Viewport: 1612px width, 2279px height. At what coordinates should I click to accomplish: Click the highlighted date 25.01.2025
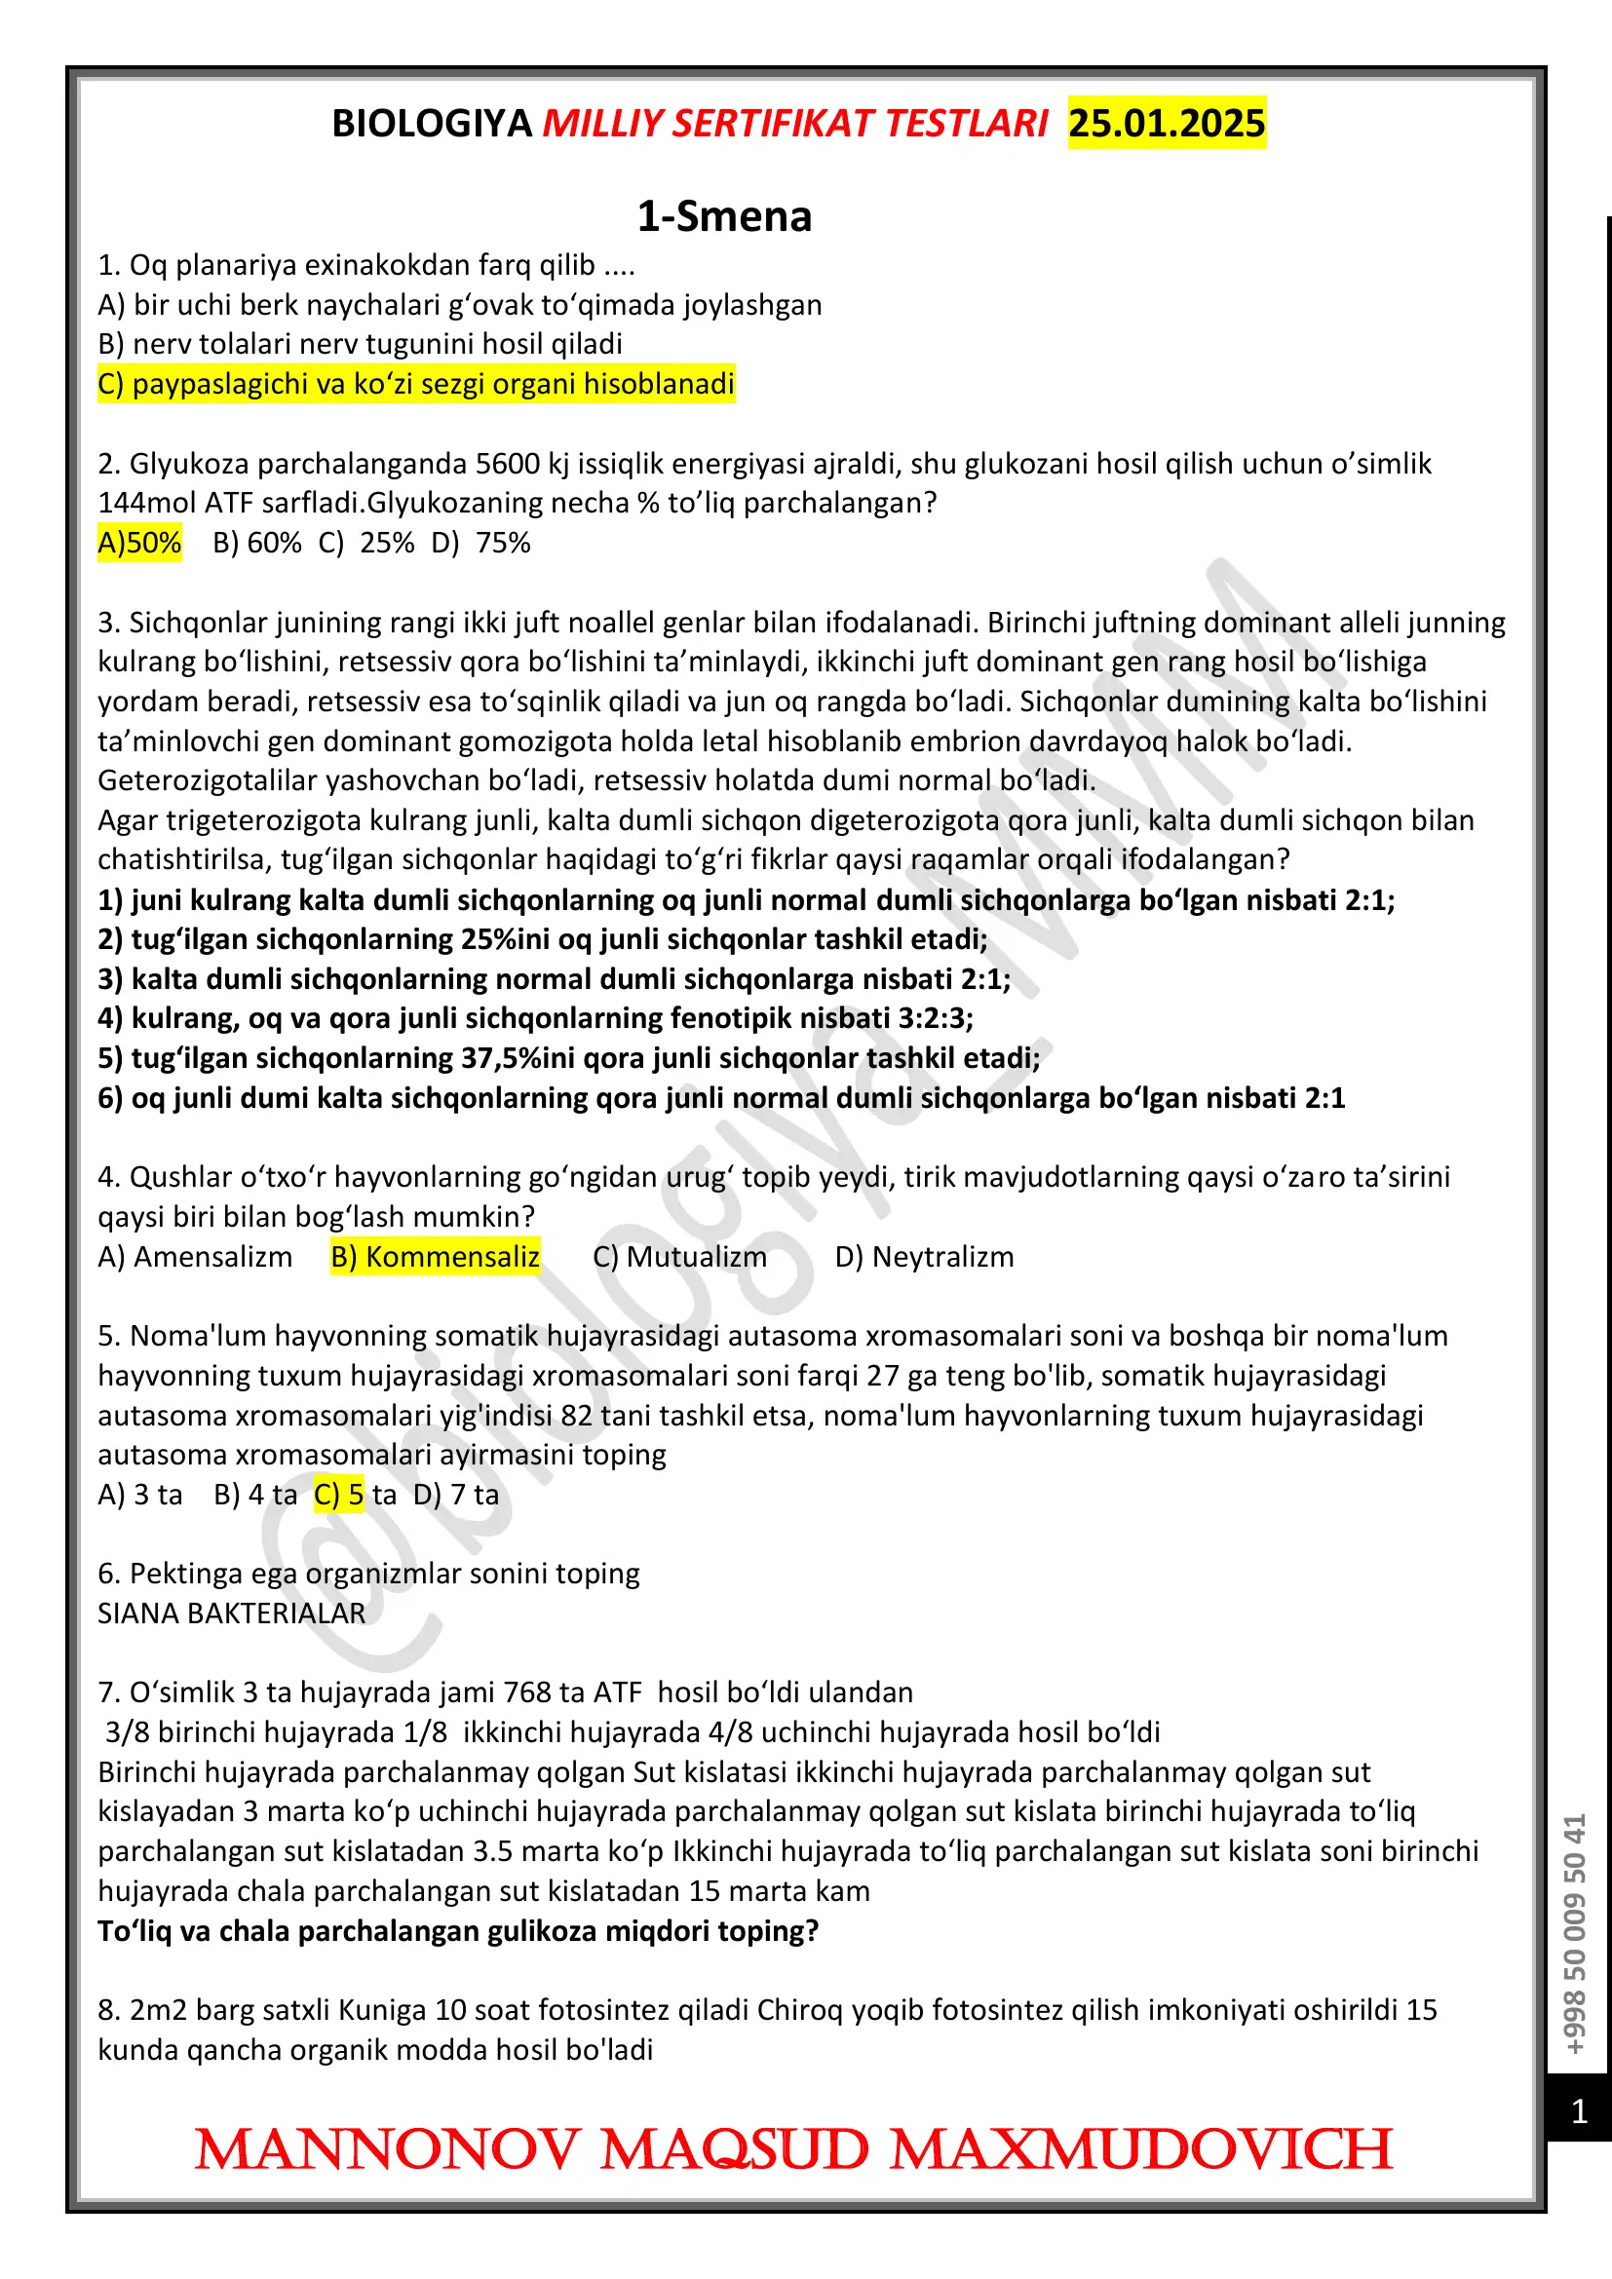tap(1167, 123)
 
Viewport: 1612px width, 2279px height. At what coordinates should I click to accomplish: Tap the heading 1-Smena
tap(723, 216)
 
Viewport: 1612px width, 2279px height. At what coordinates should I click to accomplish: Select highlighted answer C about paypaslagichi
tap(416, 384)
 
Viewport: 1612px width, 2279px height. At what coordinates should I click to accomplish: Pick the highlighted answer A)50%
tap(139, 543)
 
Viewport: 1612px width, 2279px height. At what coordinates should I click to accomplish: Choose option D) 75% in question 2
tap(481, 543)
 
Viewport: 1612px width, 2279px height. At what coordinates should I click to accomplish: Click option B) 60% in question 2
tap(257, 543)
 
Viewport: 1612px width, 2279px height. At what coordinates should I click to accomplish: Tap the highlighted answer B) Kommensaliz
tap(435, 1257)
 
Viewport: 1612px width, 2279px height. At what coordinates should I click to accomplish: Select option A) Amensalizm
tap(196, 1257)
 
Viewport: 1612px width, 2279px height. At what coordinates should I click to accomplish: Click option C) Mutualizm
tap(680, 1257)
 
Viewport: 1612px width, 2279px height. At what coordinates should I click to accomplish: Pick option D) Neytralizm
tap(924, 1257)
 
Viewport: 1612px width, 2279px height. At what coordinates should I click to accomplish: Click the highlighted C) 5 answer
tap(338, 1495)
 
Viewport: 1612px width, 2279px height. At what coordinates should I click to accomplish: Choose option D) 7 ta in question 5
tap(456, 1495)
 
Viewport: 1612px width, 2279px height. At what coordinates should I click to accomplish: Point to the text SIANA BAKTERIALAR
tap(231, 1613)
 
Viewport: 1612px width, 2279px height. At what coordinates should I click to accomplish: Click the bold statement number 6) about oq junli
tap(720, 1098)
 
